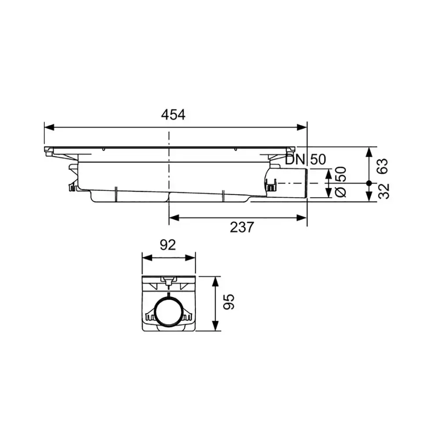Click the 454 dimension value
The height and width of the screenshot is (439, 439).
tap(173, 115)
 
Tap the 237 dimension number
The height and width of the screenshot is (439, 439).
tap(242, 227)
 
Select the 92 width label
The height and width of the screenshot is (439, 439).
tap(168, 245)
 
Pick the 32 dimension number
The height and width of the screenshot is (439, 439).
tap(384, 191)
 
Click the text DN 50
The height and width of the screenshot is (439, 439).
tap(306, 160)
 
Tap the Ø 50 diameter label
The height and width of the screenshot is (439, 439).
tap(341, 182)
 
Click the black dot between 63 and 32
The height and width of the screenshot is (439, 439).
tap(369, 183)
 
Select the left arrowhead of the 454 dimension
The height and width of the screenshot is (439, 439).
tap(49, 127)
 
